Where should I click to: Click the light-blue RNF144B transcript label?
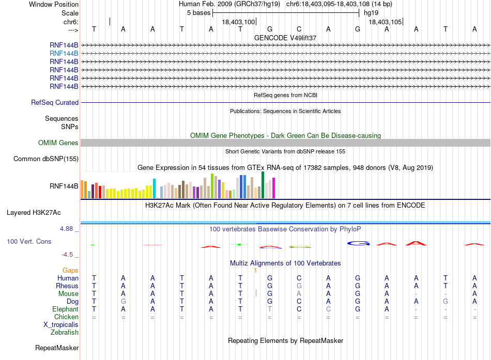64,54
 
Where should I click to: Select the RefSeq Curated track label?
55,102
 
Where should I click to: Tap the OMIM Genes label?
58,143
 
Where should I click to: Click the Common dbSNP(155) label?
46,159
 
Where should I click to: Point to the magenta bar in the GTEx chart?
274,188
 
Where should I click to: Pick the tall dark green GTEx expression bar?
263,185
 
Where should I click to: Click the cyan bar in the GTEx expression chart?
154,189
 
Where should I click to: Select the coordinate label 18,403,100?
238,22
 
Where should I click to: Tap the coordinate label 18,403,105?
385,22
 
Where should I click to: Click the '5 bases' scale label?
199,13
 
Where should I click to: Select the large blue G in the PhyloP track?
358,243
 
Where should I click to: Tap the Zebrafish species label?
65,333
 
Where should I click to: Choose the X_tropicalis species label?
61,325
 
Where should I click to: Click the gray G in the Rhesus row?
299,286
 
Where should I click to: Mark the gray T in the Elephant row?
270,309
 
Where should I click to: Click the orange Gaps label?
70,270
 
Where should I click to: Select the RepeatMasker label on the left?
57,348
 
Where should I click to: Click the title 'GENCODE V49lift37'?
285,38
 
